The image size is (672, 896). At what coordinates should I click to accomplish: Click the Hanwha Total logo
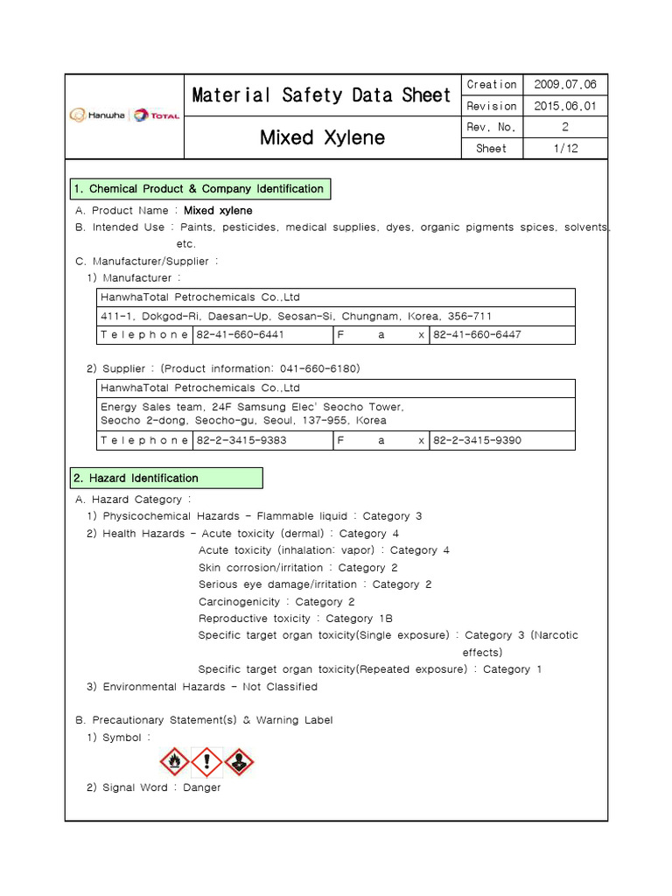(125, 115)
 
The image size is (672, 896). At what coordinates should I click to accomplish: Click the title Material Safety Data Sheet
(321, 95)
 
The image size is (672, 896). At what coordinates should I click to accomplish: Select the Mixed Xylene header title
(321, 138)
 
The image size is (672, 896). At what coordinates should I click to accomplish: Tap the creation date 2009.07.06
(564, 85)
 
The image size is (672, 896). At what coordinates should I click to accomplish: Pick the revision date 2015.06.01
(564, 106)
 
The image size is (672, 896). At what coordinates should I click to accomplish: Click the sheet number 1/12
(564, 149)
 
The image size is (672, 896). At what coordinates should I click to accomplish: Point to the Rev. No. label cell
(491, 128)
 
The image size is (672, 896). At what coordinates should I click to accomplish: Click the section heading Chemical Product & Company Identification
(200, 189)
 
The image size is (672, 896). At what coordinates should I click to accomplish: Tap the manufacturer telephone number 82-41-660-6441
(240, 335)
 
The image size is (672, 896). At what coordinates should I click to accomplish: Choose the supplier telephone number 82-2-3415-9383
(241, 440)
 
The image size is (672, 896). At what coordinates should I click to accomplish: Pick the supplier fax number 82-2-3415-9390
(477, 440)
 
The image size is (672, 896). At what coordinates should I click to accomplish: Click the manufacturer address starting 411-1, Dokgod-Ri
(296, 316)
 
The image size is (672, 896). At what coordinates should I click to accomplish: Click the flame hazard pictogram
(175, 761)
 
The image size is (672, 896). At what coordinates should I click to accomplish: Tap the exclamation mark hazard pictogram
(206, 761)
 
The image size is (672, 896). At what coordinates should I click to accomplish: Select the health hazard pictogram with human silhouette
(238, 761)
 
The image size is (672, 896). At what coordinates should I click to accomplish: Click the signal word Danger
(202, 787)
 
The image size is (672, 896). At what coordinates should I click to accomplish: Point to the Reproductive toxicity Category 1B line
(296, 619)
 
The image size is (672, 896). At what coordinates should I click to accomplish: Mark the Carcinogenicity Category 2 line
(276, 602)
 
